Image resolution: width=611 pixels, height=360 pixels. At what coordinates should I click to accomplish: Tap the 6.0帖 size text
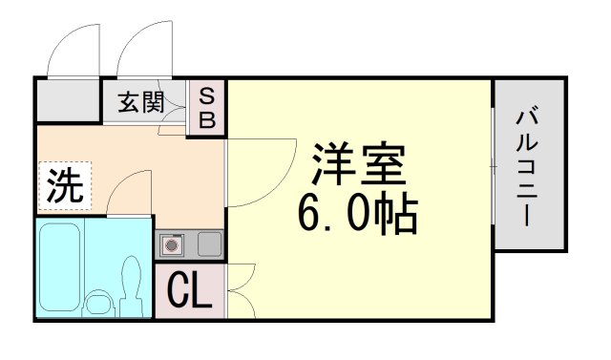click(x=358, y=215)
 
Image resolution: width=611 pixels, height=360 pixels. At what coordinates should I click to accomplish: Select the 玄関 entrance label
click(x=140, y=101)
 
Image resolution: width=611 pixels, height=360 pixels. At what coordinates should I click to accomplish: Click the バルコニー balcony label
click(x=529, y=166)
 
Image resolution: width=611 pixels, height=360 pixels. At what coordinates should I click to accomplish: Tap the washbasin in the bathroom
click(x=97, y=304)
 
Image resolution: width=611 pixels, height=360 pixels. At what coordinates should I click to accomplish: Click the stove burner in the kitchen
click(x=173, y=245)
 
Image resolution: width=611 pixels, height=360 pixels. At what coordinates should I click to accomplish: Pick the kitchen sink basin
click(x=210, y=244)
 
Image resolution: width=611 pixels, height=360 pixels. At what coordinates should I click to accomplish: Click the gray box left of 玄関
click(x=69, y=100)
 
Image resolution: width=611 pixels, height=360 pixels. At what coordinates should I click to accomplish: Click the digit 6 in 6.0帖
click(x=309, y=215)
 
